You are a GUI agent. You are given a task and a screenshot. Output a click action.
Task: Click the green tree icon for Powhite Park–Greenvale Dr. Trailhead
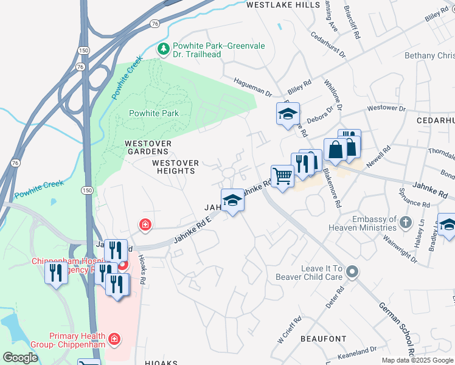163,49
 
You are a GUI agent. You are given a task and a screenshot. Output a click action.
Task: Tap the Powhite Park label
154,113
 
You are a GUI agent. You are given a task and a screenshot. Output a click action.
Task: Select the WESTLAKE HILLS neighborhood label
283,5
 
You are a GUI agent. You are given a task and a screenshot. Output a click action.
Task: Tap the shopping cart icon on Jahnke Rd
282,176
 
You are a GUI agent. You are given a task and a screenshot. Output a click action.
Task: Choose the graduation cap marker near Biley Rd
287,114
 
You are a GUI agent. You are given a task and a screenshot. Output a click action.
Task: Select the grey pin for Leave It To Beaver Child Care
352,274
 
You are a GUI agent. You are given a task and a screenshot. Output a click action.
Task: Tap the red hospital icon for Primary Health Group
114,338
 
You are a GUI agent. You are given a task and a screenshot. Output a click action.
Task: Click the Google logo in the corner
20,358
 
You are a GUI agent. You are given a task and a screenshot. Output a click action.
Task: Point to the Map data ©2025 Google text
417,360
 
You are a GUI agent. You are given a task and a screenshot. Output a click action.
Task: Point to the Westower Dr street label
386,108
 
